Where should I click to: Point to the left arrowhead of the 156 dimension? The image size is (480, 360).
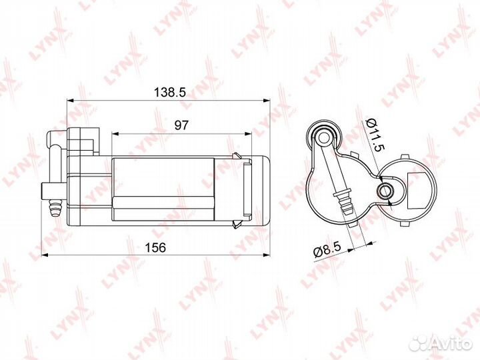(x=45, y=254)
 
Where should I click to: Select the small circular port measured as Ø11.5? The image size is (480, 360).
(x=384, y=191)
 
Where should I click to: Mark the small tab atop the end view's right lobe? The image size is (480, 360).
(x=404, y=155)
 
